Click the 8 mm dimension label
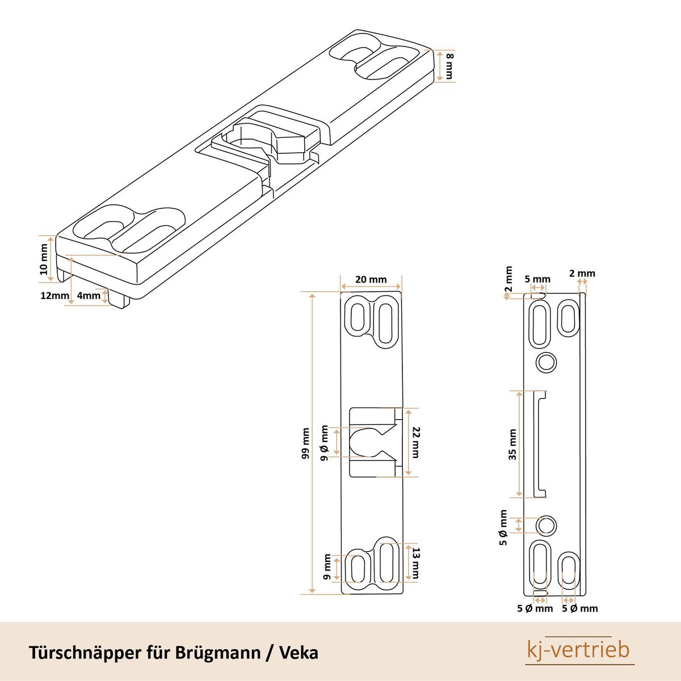pyautogui.click(x=449, y=65)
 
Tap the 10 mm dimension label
pyautogui.click(x=44, y=259)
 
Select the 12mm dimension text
pyautogui.click(x=54, y=296)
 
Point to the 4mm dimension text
pyautogui.click(x=88, y=296)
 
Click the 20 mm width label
pyautogui.click(x=371, y=279)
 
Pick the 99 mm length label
pyautogui.click(x=306, y=443)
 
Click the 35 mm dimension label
pyautogui.click(x=512, y=444)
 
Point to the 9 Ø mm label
pyautogui.click(x=325, y=443)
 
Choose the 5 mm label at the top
pyautogui.click(x=537, y=279)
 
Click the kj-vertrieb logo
pyautogui.click(x=578, y=650)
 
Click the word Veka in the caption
pyautogui.click(x=299, y=652)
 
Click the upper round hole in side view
pyautogui.click(x=547, y=361)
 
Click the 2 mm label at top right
pyautogui.click(x=582, y=274)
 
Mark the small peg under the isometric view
pyautogui.click(x=119, y=299)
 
